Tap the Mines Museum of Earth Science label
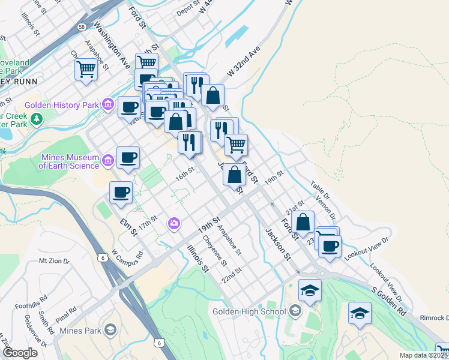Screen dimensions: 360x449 point(69,161)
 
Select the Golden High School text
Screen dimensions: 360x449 point(249,311)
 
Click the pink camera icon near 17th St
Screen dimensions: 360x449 point(173,223)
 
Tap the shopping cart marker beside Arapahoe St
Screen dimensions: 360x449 point(86,70)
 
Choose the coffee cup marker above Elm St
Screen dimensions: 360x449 point(121,192)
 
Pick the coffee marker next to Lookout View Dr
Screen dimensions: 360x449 point(329,245)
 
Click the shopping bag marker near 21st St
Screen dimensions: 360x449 point(304,221)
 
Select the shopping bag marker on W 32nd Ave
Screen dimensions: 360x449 point(212,95)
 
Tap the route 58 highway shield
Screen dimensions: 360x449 point(81,27)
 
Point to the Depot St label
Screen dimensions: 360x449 point(187,12)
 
